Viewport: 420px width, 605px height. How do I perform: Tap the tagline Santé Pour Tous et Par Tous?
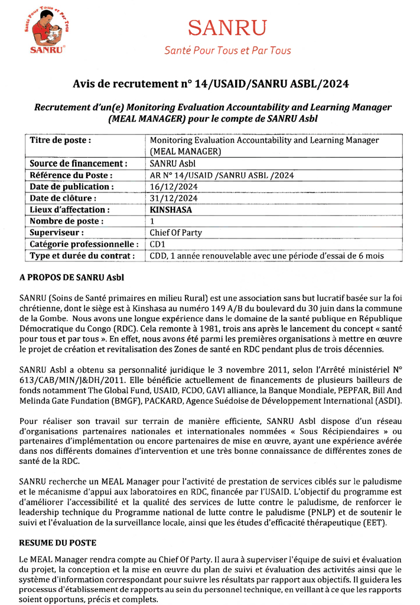pos(227,51)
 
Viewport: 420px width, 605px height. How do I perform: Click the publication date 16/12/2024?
pos(174,187)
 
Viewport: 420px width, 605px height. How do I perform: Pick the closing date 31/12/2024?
pos(174,198)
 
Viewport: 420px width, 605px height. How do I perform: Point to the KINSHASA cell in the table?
pos(171,210)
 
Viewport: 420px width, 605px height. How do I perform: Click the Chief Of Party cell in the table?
pos(175,233)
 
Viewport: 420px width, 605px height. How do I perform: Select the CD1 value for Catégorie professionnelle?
pos(157,244)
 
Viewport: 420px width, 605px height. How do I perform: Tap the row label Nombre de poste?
pos(67,221)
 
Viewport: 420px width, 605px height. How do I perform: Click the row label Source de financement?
pos(78,163)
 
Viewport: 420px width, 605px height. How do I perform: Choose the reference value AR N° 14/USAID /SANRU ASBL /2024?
pos(222,175)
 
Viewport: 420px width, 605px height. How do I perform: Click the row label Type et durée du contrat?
pos(82,256)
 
